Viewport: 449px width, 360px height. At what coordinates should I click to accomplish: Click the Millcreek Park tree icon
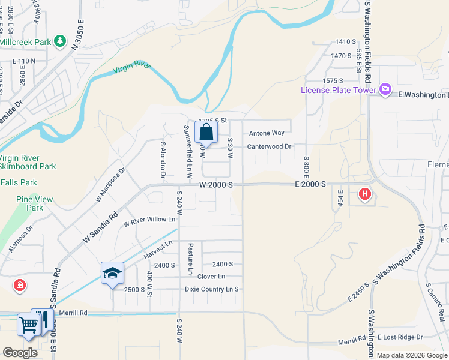point(59,41)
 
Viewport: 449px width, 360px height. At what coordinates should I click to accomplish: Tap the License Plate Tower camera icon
point(385,90)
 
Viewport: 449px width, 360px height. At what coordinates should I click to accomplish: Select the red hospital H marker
point(364,194)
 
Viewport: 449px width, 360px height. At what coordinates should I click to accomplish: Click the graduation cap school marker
point(112,273)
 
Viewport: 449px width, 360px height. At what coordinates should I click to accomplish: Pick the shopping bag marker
point(206,133)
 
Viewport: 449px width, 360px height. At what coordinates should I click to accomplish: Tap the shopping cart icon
point(28,325)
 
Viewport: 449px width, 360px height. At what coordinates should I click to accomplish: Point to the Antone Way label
point(267,133)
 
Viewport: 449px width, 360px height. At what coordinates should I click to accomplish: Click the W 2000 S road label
point(216,185)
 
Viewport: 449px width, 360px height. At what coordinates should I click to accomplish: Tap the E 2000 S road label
point(310,185)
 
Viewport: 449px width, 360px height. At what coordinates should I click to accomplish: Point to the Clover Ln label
point(211,277)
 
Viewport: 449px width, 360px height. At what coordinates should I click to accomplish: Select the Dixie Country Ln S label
point(211,289)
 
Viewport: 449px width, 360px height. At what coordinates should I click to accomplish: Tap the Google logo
point(20,353)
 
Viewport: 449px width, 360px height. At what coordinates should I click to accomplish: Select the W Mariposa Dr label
point(110,184)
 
